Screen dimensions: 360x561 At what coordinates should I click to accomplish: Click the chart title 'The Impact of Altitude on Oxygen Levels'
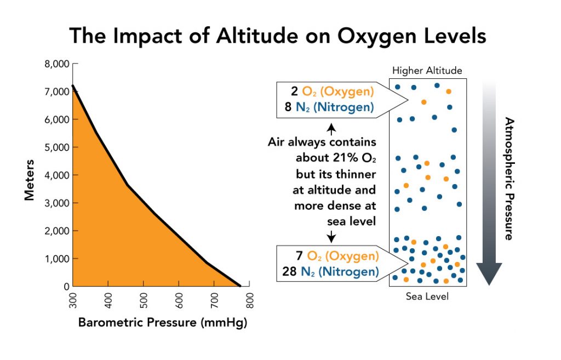[278, 36]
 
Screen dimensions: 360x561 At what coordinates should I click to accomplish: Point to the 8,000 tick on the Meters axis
[55, 64]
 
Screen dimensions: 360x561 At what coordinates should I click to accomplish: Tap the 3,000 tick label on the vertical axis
[55, 203]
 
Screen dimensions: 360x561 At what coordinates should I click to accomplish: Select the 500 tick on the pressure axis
[144, 301]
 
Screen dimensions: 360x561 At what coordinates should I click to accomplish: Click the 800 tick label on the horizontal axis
[250, 301]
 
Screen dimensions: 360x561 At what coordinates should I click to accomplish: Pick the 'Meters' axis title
[30, 180]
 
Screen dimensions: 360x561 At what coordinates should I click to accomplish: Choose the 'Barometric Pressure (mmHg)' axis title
[163, 323]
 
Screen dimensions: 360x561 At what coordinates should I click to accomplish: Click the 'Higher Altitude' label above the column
[427, 71]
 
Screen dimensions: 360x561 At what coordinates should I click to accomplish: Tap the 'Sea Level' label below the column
[427, 296]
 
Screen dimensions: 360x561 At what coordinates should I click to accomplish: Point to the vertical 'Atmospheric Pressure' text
[508, 179]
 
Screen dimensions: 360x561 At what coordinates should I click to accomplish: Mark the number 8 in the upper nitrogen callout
[288, 107]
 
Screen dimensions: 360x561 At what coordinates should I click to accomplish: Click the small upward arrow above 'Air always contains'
[331, 130]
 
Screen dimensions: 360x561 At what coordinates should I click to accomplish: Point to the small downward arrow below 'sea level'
[331, 236]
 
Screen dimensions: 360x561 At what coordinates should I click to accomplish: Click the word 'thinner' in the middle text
[357, 174]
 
